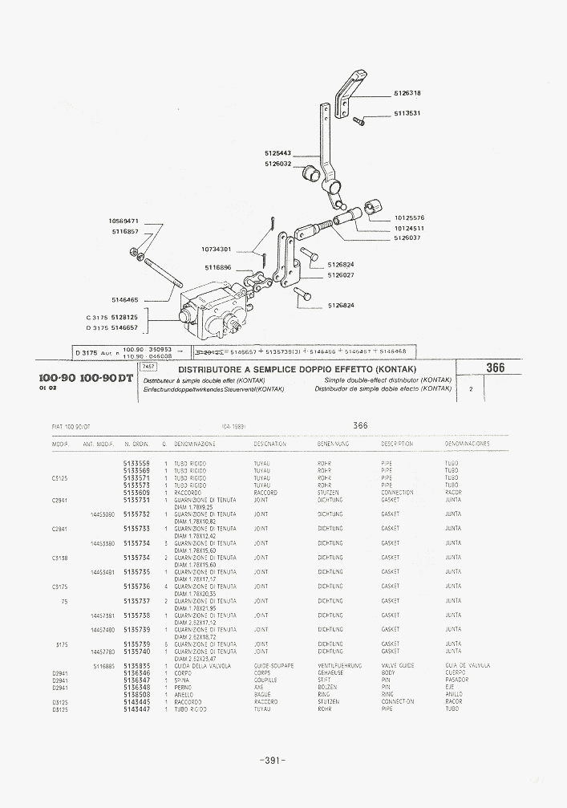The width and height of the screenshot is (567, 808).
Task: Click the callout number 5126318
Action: [x=407, y=93]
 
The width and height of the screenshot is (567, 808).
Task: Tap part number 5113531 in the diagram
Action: [x=407, y=113]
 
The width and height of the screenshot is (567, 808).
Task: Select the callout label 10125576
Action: [x=409, y=217]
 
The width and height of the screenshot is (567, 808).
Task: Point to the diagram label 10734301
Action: [x=216, y=249]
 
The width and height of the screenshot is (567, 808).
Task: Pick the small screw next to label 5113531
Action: [x=358, y=121]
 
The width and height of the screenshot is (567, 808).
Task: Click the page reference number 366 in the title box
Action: [x=495, y=368]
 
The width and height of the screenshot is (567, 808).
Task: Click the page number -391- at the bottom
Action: [x=273, y=760]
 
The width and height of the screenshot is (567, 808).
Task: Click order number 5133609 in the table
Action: [x=136, y=493]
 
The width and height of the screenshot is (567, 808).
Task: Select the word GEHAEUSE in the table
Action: [x=331, y=673]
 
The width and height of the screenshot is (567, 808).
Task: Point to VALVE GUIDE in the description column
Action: [x=398, y=666]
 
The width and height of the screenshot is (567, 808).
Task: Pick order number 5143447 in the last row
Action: [x=136, y=709]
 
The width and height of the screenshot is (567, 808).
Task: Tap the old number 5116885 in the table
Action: [x=104, y=666]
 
